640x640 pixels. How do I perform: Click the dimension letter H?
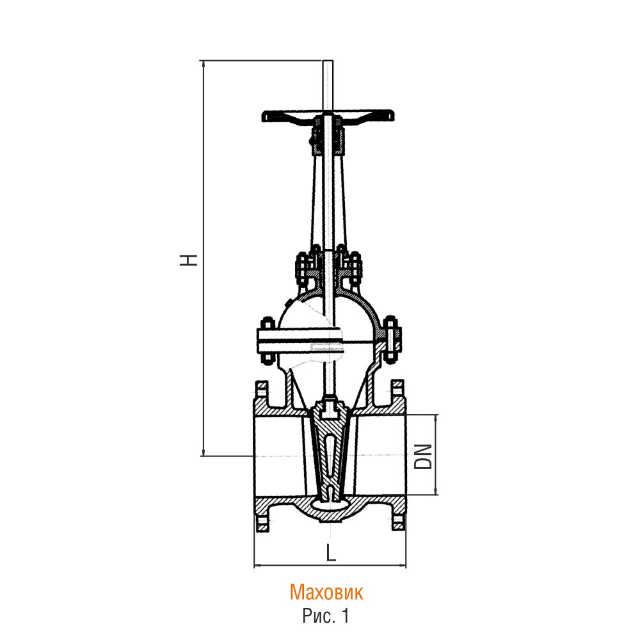[189, 260]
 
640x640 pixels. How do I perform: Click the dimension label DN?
[423, 456]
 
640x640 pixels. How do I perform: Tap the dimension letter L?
[331, 553]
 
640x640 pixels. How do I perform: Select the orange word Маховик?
[326, 592]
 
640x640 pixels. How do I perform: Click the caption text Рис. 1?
[326, 616]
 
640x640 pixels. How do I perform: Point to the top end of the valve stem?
[327, 61]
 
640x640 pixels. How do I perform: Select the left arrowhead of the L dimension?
[257, 566]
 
